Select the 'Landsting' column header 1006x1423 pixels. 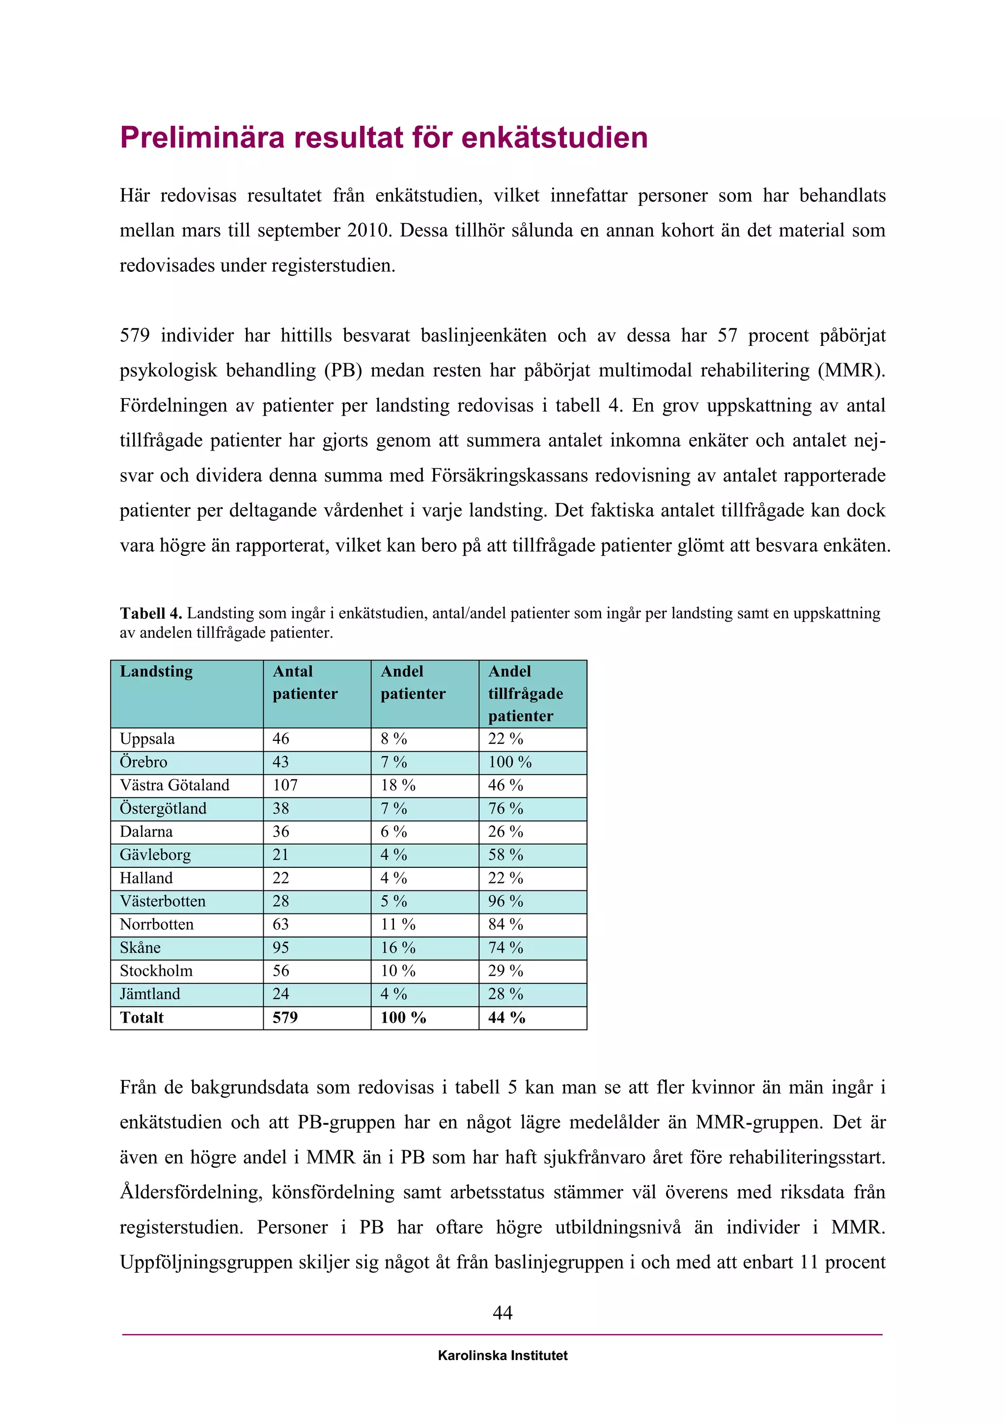click(156, 672)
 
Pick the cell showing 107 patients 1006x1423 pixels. click(285, 785)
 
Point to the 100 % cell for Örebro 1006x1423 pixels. click(509, 762)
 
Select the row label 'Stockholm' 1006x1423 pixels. click(156, 970)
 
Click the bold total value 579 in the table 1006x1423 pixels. click(285, 1018)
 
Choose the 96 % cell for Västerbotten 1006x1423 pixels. click(505, 901)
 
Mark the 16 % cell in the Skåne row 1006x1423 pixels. click(398, 948)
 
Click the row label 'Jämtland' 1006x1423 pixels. click(150, 994)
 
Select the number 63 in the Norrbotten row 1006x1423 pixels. click(280, 925)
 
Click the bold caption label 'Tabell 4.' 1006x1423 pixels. click(150, 614)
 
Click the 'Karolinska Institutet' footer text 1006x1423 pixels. click(503, 1356)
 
